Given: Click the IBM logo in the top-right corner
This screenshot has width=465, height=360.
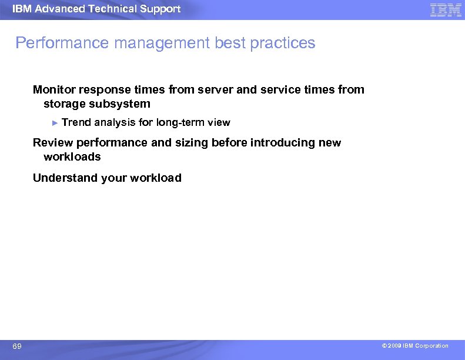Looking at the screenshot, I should (x=446, y=9).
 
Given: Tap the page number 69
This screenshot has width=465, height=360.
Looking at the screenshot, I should (x=17, y=346).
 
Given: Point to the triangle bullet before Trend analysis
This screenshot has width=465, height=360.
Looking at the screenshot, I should (x=55, y=122).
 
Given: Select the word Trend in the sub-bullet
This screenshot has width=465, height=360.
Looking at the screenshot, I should (x=76, y=122).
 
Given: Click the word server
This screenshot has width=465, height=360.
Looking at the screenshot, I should (x=216, y=89).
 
